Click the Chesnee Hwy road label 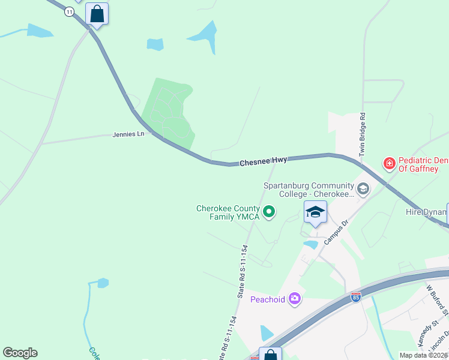pyautogui.click(x=263, y=161)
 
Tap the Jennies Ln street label pyautogui.click(x=128, y=134)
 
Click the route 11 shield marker pyautogui.click(x=69, y=12)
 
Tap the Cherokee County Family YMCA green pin pyautogui.click(x=270, y=211)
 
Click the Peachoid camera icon pyautogui.click(x=294, y=298)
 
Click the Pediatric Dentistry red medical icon pyautogui.click(x=390, y=163)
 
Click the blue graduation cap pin pyautogui.click(x=315, y=212)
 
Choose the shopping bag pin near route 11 pyautogui.click(x=97, y=14)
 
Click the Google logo pyautogui.click(x=20, y=353)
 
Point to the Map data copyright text pyautogui.click(x=423, y=355)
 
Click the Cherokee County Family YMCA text pyautogui.click(x=228, y=212)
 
